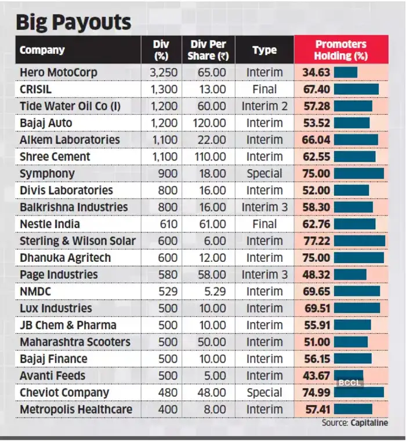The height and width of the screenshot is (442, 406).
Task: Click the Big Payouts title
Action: click(x=73, y=22)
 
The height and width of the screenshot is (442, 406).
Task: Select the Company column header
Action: click(x=42, y=50)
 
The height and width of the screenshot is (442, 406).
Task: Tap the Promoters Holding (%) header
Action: click(x=340, y=50)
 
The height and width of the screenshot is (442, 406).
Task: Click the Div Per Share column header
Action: click(x=204, y=50)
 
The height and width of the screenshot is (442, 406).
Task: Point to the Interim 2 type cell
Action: click(x=264, y=106)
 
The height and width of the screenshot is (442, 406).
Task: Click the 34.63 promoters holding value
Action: click(x=316, y=72)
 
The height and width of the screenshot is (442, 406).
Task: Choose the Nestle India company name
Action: click(x=50, y=224)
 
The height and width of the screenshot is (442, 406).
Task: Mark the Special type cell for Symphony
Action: click(x=264, y=173)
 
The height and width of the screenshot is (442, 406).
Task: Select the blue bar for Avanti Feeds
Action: click(x=349, y=375)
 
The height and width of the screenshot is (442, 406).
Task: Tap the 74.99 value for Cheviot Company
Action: click(x=316, y=392)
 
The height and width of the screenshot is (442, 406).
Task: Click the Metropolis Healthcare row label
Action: click(x=76, y=409)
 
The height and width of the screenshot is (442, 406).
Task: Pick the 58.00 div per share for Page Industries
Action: click(x=212, y=274)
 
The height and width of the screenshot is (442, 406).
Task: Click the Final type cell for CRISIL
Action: click(x=264, y=89)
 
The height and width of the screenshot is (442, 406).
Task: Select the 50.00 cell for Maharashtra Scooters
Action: click(x=212, y=342)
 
